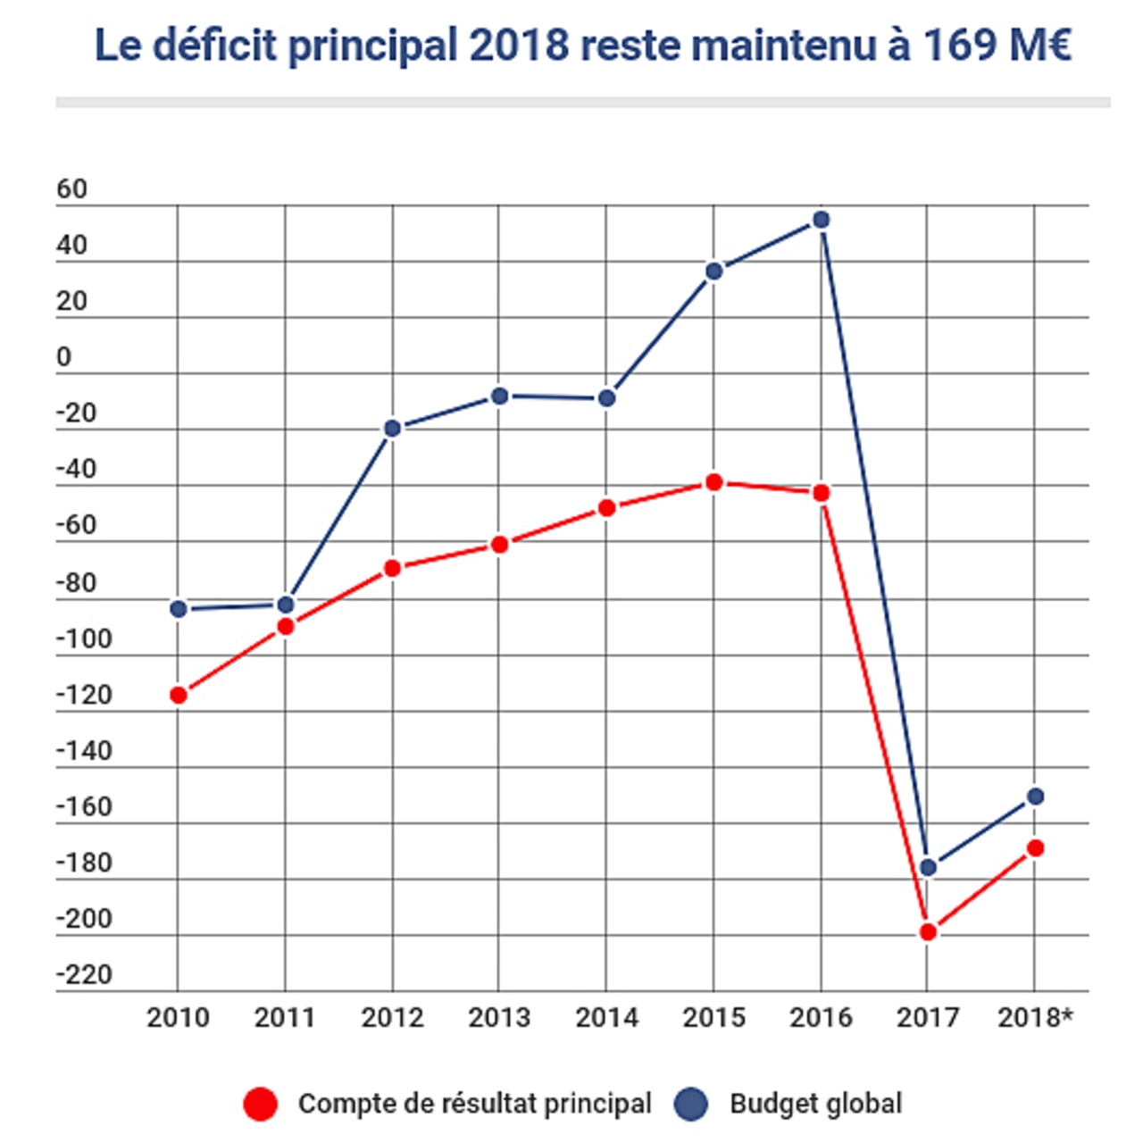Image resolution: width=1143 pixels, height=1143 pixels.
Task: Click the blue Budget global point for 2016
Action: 821,220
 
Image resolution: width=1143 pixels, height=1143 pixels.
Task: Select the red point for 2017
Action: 928,931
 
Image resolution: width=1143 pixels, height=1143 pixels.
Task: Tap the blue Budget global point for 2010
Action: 179,609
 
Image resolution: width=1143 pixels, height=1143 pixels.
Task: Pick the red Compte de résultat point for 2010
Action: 179,695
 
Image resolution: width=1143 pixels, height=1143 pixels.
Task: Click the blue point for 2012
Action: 392,429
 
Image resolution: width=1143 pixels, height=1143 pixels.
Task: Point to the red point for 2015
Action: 713,482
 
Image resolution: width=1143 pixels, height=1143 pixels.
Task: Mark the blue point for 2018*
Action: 1035,796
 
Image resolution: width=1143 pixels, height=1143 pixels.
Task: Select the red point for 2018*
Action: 1035,847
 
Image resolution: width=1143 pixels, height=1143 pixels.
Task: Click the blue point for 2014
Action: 606,398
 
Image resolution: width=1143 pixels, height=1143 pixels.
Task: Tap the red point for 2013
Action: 499,544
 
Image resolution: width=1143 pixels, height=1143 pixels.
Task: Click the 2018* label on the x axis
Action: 1035,1017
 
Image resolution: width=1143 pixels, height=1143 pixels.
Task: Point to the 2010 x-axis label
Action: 179,1017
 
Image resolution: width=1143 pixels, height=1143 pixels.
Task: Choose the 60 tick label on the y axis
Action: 71,189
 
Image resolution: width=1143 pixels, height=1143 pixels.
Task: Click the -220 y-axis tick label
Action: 84,974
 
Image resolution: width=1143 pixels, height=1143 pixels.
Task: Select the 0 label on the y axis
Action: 63,357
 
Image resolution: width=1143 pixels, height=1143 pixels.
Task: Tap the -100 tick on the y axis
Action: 84,639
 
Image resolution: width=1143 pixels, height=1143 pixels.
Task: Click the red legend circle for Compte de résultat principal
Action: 261,1104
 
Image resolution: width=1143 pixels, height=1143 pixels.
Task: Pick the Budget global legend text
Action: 815,1104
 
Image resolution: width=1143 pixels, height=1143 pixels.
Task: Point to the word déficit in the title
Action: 215,45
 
